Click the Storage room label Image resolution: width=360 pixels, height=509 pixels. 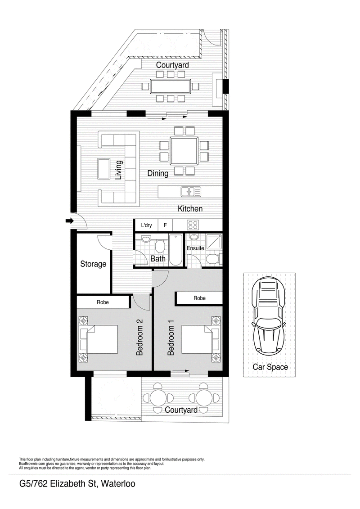(x=93, y=264)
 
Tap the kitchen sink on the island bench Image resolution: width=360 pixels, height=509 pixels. (x=191, y=192)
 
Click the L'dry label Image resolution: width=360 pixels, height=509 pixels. (x=146, y=225)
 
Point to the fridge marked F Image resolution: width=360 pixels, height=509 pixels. (x=165, y=225)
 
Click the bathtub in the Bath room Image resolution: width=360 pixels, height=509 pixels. (x=175, y=249)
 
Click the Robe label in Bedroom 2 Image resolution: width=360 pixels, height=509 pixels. (x=103, y=302)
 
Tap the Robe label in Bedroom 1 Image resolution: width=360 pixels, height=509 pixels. (x=199, y=298)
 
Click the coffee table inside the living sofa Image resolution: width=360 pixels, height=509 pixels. (x=104, y=168)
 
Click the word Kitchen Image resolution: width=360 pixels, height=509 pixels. (x=190, y=209)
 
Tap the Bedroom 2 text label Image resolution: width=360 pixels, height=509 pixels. (x=139, y=337)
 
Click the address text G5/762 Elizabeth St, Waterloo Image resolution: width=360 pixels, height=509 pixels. (x=77, y=484)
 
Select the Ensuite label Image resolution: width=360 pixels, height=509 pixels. (x=195, y=248)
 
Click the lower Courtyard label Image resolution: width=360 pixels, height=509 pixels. (x=181, y=410)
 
